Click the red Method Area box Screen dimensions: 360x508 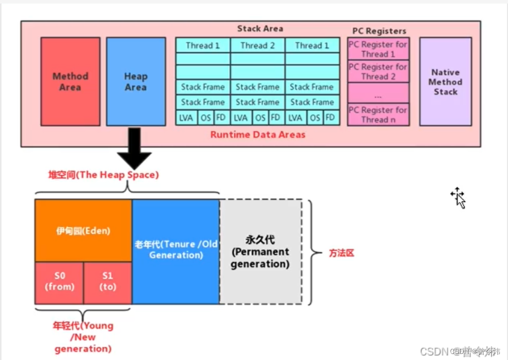tap(70, 82)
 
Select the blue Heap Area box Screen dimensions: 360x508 tap(136, 82)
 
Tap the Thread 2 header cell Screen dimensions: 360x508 tap(258, 45)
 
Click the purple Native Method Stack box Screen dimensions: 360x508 tap(446, 82)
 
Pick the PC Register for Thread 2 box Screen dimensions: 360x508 tap(378, 71)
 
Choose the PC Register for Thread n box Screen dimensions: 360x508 tap(378, 115)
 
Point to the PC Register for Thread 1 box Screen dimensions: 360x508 tap(378, 49)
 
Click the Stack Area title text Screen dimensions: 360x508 tap(260, 29)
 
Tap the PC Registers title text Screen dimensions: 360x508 tap(379, 31)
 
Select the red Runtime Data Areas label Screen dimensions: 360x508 tap(258, 134)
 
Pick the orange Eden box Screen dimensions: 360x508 tap(83, 231)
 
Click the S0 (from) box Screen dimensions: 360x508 tap(59, 282)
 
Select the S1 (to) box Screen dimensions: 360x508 tap(108, 282)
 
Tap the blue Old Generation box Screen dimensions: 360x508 tap(175, 251)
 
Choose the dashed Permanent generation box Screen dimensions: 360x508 tap(260, 252)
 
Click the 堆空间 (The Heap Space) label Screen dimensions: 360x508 tap(103, 175)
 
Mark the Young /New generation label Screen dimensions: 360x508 tap(83, 337)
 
